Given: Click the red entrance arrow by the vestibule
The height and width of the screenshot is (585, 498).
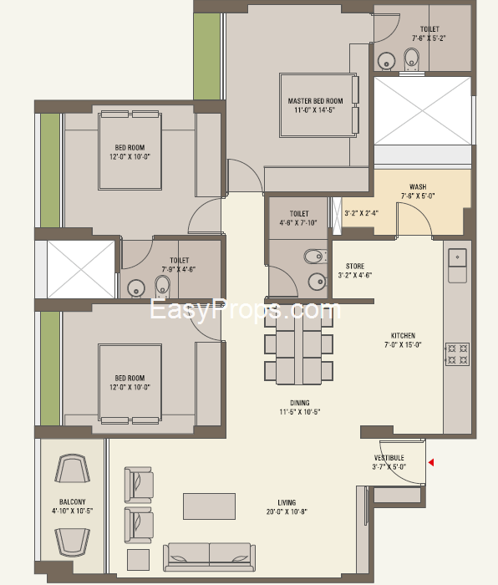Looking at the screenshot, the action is tap(431, 463).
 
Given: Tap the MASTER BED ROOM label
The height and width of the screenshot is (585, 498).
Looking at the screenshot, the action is tap(315, 101).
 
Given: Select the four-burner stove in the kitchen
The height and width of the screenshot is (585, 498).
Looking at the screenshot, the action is tap(457, 354).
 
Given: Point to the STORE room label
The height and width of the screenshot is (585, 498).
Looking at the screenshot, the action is tap(355, 266).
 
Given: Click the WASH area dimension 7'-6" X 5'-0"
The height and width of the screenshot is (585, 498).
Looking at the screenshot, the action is tap(418, 196).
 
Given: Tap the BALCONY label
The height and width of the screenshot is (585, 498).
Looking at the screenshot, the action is tap(73, 501).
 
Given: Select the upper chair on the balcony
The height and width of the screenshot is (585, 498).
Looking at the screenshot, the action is tap(73, 468).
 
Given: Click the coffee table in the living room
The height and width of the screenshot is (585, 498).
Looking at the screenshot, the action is tap(209, 506).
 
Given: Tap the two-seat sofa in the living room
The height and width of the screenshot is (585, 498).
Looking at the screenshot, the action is tap(209, 557).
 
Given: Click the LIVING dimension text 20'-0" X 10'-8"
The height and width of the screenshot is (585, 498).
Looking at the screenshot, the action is tap(287, 511).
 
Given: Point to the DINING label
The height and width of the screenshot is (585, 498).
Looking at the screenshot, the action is tap(300, 403).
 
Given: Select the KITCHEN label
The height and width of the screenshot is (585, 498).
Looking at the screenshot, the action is tap(403, 335).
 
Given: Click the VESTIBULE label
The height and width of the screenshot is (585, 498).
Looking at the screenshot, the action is tap(389, 458).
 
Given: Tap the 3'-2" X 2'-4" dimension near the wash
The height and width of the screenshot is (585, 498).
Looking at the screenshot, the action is tap(362, 213).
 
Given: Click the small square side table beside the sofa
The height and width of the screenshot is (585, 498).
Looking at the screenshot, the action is tap(138, 560).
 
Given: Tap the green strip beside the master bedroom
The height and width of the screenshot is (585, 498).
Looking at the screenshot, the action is tap(207, 56).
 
